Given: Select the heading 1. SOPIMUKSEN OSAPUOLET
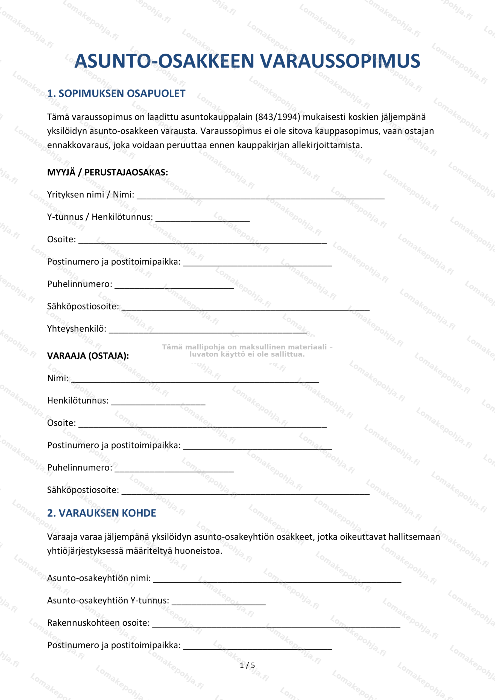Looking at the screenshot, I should pyautogui.click(x=116, y=94).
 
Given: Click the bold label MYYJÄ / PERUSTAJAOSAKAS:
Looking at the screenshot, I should pyautogui.click(x=107, y=173).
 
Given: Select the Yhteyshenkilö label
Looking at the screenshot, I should pyautogui.click(x=77, y=329).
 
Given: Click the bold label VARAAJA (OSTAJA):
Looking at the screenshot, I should pyautogui.click(x=88, y=356).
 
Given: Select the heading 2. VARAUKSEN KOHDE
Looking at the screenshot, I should pyautogui.click(x=101, y=513).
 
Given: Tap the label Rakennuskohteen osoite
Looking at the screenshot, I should pyautogui.click(x=98, y=623).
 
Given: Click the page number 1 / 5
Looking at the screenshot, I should pyautogui.click(x=247, y=665).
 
